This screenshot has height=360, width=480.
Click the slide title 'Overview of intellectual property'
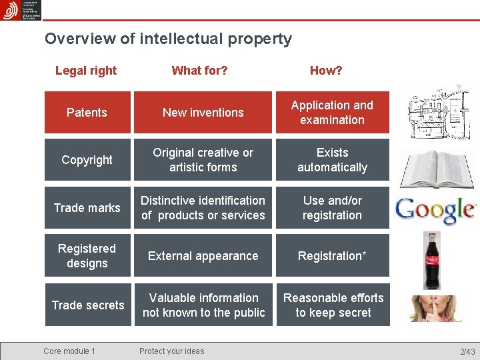pos(168,39)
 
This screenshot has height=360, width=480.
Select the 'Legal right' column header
pos(86,71)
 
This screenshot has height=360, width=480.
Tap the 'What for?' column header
pos(199,71)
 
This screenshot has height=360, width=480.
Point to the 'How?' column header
pos(326,71)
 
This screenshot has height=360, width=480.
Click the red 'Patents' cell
pos(87,113)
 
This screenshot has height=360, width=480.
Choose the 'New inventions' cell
pos(203,113)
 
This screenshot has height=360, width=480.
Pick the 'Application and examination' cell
pos(332,113)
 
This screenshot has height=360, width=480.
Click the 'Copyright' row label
pos(87,160)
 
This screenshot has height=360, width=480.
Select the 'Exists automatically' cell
pos(332,160)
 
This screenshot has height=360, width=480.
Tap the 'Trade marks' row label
pos(87,208)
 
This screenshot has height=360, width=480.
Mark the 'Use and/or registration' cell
pos(332,208)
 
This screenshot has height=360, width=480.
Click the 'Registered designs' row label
pos(87,256)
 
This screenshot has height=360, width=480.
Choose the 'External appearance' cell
pos(203,256)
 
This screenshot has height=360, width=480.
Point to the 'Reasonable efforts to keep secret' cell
pos(333,305)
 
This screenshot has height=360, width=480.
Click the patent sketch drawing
pos(435,110)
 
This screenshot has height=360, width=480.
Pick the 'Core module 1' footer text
pos(69,351)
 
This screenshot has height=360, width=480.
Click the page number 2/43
pos(467,351)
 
